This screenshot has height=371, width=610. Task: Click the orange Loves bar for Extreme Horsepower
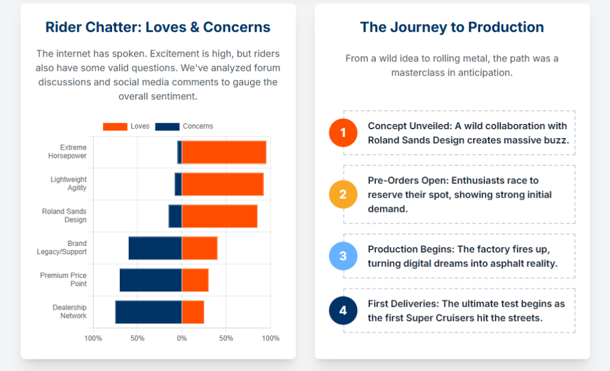(x=223, y=152)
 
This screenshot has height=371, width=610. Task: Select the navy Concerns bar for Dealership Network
(x=148, y=312)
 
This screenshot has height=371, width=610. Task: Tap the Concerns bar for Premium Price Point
(x=151, y=280)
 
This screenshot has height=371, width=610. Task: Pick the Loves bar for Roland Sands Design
(x=219, y=216)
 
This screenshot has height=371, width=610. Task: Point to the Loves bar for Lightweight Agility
(x=222, y=184)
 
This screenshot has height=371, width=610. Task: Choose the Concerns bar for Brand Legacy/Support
(x=155, y=248)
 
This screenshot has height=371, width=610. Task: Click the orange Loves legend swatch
(x=115, y=126)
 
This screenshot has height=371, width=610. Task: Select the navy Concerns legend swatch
(x=167, y=126)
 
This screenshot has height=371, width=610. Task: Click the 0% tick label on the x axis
(x=182, y=338)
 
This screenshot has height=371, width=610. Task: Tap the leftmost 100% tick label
(x=94, y=338)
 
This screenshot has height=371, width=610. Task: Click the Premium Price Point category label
(x=64, y=279)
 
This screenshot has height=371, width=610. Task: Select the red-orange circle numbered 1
(x=343, y=133)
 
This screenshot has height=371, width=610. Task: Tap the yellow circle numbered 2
(x=343, y=194)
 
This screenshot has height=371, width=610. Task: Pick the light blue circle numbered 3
(x=343, y=256)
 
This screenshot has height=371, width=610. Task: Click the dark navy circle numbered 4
(x=343, y=311)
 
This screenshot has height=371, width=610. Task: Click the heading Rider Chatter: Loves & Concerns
(x=158, y=27)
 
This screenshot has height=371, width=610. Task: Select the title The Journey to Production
(x=452, y=27)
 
